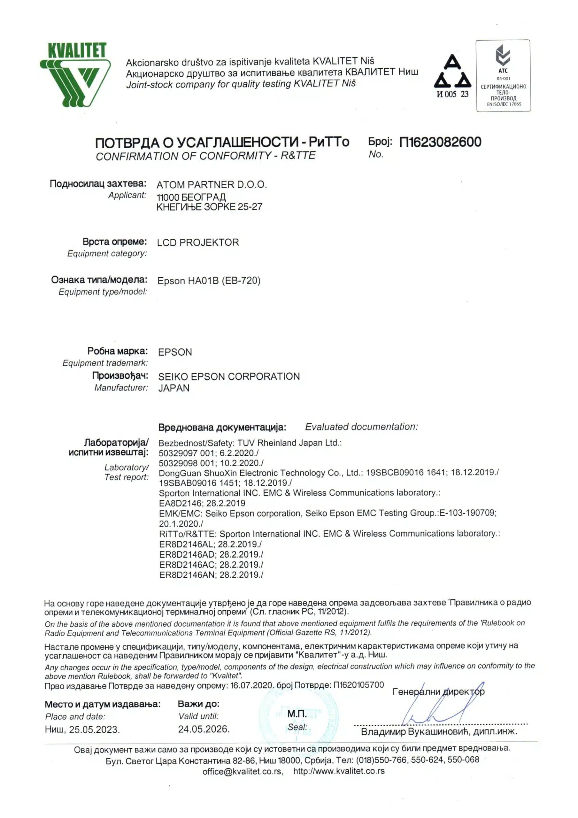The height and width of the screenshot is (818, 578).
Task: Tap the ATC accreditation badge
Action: point(503,75)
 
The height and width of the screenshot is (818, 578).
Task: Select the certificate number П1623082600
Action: point(440,142)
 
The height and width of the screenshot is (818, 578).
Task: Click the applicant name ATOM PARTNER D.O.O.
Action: point(212,185)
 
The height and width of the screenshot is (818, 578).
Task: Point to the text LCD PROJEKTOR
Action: point(198,243)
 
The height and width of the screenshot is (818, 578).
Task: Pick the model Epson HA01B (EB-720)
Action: point(209,281)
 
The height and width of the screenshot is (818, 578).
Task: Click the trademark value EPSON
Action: point(175,352)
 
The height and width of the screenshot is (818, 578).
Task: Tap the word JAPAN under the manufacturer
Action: point(174,388)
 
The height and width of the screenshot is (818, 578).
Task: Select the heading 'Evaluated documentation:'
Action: point(361,427)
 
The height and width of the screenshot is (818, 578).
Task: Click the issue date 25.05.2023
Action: point(94,729)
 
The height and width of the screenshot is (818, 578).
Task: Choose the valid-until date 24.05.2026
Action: point(204,729)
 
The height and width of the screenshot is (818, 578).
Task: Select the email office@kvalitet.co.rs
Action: point(242,771)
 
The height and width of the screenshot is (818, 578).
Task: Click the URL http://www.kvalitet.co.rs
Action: point(339,771)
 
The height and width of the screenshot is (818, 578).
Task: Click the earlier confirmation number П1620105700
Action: point(358,684)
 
